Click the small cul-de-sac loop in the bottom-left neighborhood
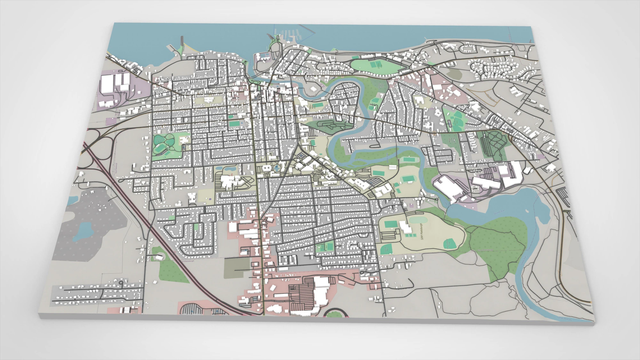point(121,283)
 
